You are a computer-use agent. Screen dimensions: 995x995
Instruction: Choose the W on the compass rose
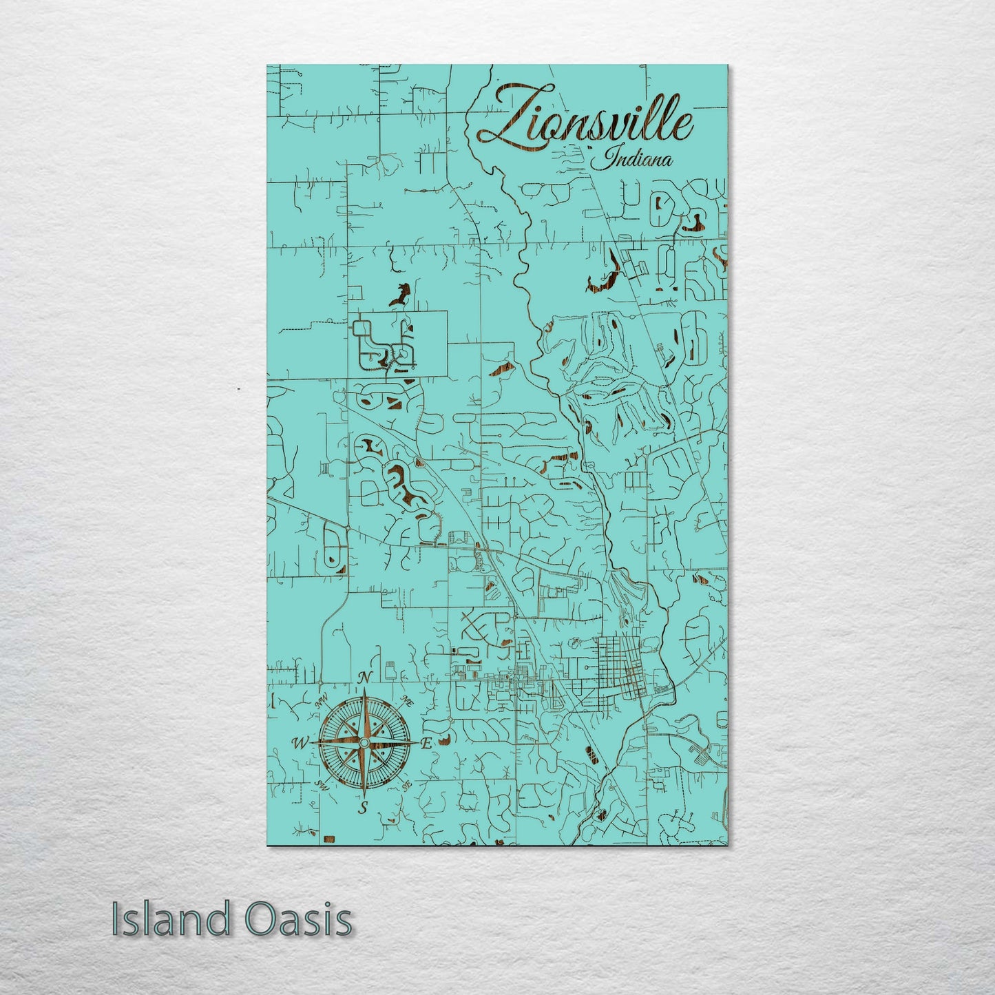(x=300, y=743)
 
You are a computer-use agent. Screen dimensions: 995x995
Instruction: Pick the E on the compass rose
(x=426, y=744)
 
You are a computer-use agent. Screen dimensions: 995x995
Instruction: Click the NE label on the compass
(x=407, y=702)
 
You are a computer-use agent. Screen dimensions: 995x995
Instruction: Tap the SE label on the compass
(x=406, y=784)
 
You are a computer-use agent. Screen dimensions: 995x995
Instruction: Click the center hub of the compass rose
(x=364, y=743)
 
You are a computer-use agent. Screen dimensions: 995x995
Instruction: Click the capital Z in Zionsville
(x=506, y=117)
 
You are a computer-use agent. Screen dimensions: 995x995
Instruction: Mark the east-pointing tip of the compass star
(x=417, y=743)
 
